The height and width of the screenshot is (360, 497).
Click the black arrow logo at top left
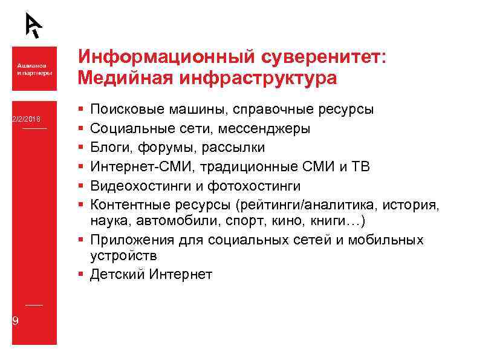pos(34,25)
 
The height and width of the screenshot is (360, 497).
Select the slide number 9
pos(16,321)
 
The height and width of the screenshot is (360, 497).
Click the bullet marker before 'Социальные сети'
pos(81,129)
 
